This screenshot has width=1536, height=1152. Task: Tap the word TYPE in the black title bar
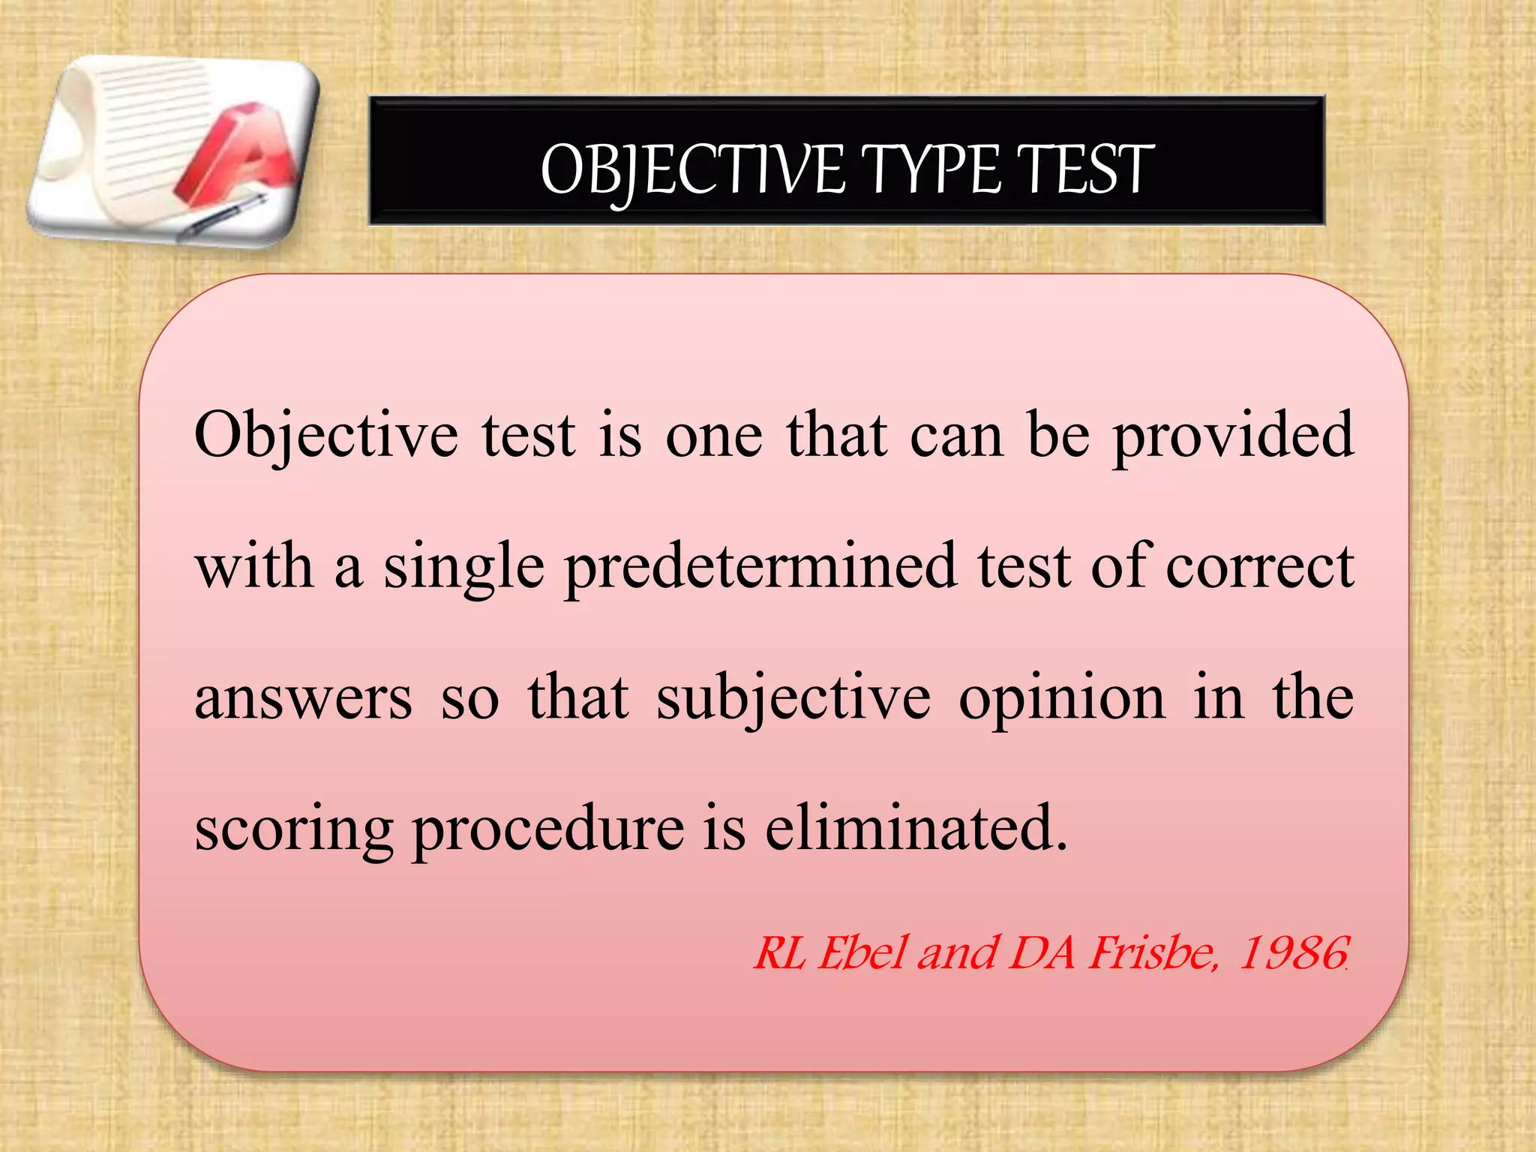(930, 170)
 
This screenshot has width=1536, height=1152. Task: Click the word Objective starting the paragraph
(325, 436)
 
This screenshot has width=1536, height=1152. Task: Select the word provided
(1233, 436)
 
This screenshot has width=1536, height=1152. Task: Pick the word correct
(1259, 567)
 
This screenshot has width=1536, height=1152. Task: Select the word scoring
(293, 831)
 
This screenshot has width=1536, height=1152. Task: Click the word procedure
(547, 831)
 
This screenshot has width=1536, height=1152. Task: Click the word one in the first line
(714, 436)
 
